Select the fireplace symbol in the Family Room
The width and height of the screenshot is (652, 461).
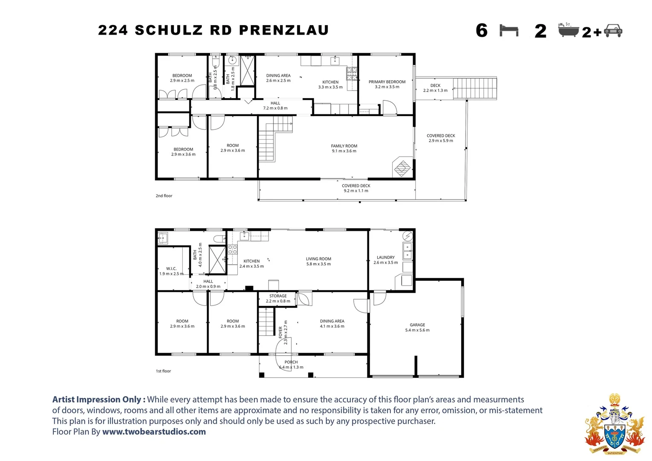pyautogui.click(x=402, y=168)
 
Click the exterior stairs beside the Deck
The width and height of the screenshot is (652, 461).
pyautogui.click(x=475, y=88)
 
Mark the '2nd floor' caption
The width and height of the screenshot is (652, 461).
pyautogui.click(x=164, y=196)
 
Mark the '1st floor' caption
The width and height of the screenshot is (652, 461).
pyautogui.click(x=163, y=371)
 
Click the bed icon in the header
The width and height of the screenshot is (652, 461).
pyautogui.click(x=509, y=31)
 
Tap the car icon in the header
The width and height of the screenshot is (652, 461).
pyautogui.click(x=613, y=31)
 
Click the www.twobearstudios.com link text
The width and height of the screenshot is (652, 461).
pyautogui.click(x=154, y=432)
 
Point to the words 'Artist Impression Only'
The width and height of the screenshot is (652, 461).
pyautogui.click(x=96, y=400)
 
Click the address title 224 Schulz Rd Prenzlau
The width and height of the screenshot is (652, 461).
pyautogui.click(x=213, y=30)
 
